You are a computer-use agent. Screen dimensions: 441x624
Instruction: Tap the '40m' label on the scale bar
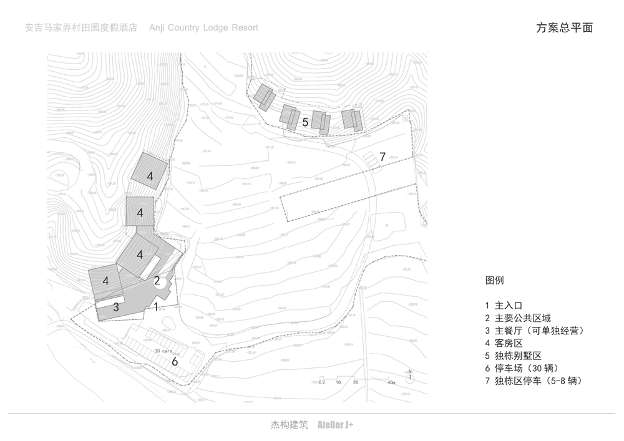point(391,382)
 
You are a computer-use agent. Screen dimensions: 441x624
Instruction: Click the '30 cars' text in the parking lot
point(163,352)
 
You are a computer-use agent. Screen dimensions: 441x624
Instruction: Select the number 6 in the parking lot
point(175,361)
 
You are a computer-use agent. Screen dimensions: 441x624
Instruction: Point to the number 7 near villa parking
point(383,157)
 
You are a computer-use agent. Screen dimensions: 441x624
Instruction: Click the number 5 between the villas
point(305,122)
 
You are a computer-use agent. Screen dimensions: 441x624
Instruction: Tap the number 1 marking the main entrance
point(155,306)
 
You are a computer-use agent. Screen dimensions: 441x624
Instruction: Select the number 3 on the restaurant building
point(116,307)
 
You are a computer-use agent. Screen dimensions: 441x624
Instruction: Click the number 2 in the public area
point(157,281)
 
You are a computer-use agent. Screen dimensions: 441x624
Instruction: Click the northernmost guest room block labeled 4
point(150,177)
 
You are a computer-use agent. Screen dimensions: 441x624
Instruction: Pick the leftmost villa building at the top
point(264,97)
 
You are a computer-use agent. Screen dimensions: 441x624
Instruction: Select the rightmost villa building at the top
point(353,119)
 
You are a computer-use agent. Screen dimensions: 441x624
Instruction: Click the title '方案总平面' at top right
point(564,27)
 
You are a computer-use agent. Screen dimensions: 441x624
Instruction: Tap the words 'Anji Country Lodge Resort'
point(203,27)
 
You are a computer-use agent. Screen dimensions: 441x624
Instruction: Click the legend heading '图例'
point(494,281)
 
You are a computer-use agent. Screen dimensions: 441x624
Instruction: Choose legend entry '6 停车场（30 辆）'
point(524,368)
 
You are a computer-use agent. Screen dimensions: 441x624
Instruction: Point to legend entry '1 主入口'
point(503,306)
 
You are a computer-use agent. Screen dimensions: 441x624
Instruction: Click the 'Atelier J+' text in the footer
point(335,425)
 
